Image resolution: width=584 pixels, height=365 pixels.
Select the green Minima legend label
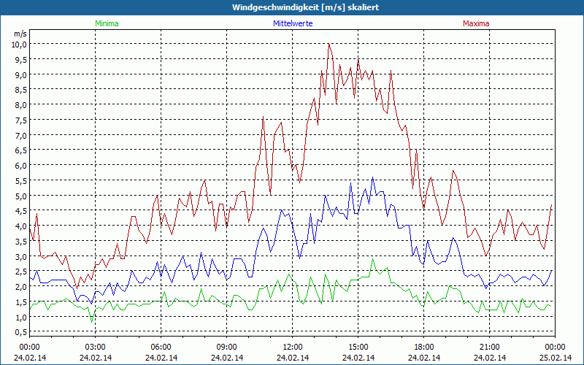click(106, 23)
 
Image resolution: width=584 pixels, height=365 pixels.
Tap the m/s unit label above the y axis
click(20, 34)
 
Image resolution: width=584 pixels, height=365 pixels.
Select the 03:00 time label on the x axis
click(96, 347)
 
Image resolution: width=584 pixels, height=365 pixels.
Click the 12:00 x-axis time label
click(293, 347)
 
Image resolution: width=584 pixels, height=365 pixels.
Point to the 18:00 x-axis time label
click(424, 347)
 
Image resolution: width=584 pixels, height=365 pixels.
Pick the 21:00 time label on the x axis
click(490, 347)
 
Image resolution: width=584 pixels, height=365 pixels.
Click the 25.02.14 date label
click(555, 357)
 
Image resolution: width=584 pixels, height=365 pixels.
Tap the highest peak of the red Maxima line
click(329, 44)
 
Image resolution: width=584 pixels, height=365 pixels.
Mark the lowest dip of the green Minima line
click(92, 321)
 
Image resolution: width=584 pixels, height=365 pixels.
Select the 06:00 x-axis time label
click(161, 347)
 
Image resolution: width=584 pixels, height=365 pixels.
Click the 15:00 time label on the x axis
click(358, 347)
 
